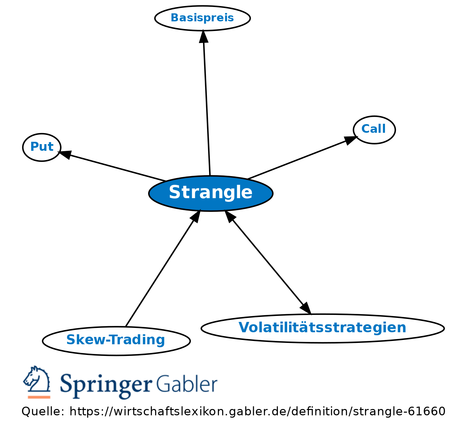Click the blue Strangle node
coord(211,193)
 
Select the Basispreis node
coord(202,18)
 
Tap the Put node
coord(42,147)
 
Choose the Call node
coord(374,130)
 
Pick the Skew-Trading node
coord(116,341)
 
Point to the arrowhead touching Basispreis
coord(203,36)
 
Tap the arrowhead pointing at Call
coord(351,140)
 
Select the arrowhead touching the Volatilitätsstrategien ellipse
coord(306,308)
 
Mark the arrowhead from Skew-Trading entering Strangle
coord(196,216)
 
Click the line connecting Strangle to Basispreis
coord(207,109)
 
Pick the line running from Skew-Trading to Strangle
coord(160,274)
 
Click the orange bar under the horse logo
coord(39,397)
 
